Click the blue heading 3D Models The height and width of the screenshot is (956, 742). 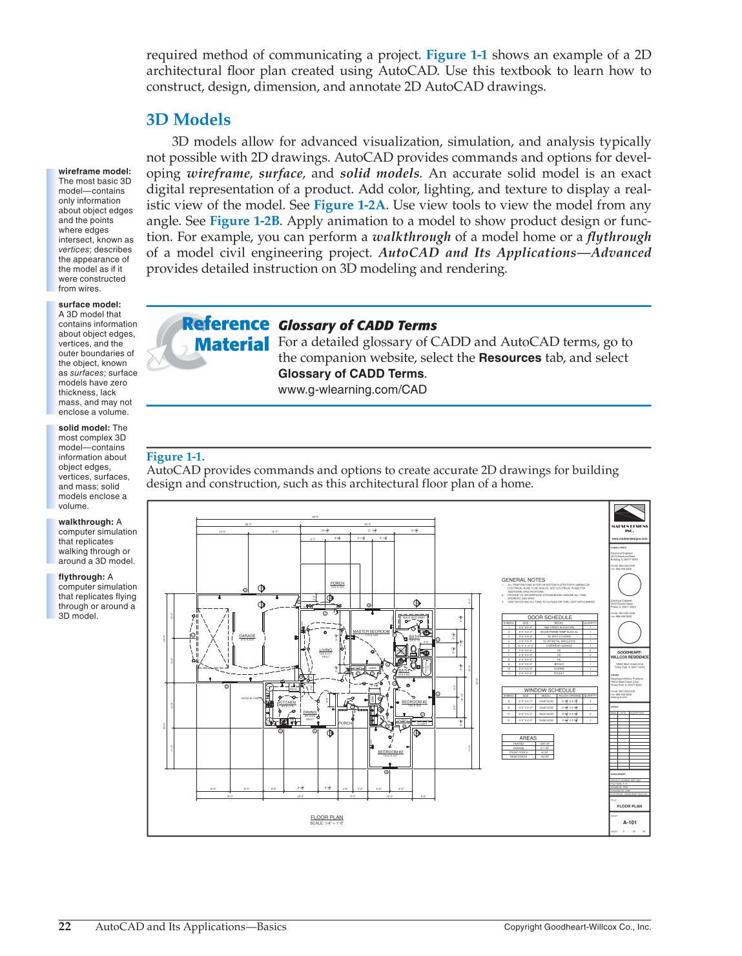coord(188,120)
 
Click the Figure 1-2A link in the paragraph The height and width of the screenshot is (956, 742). coord(349,205)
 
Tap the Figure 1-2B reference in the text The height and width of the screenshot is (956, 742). coord(245,221)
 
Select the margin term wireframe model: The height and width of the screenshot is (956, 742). coord(95,171)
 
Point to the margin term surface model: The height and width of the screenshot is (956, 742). coord(90,304)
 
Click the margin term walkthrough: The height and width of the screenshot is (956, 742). coord(86,522)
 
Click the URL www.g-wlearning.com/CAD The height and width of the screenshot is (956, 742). coord(352,389)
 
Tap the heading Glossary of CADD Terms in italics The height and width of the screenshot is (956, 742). coord(357,326)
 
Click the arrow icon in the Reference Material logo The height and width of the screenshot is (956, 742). coord(158,356)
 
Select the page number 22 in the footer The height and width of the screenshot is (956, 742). coord(65,926)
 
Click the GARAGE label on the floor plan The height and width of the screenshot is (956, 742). coord(247,635)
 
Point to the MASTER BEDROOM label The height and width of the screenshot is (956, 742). coord(371,632)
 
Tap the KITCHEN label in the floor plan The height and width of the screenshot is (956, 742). coord(287,702)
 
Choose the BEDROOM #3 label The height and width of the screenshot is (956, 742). coord(390,752)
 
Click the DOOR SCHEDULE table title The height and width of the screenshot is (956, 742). coord(549,617)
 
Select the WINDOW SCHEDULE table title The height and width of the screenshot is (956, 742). coord(549,690)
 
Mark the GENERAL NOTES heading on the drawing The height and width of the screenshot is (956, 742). coord(523,580)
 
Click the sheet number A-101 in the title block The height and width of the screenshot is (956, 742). coord(630,822)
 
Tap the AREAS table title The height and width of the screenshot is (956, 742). coord(528,738)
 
